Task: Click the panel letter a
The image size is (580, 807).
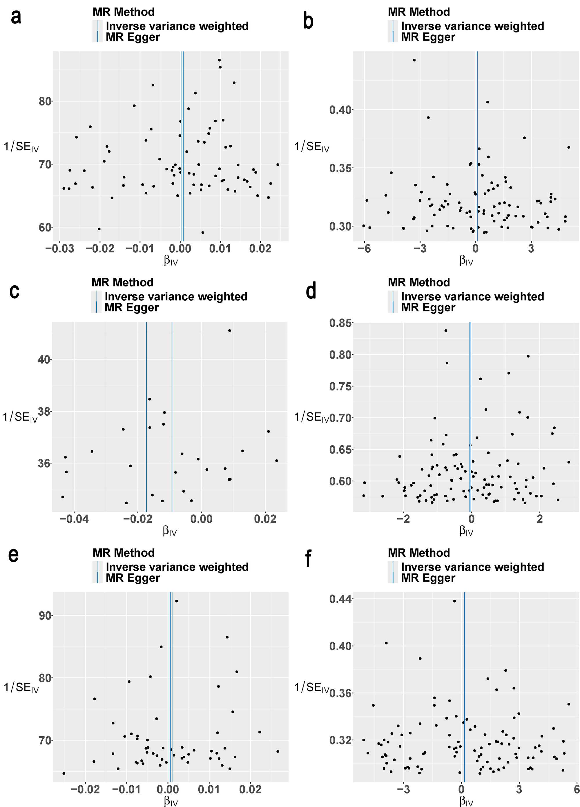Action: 16,17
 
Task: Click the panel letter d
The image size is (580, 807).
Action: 311,291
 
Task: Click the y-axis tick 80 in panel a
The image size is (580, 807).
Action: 45,101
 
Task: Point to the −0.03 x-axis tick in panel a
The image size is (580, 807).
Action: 59,248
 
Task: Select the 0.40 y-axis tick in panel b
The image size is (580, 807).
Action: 340,110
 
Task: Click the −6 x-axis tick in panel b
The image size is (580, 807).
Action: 364,248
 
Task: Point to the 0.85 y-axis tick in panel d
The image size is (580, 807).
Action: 340,323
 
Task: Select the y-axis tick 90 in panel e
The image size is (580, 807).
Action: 46,616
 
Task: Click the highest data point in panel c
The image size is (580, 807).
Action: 229,331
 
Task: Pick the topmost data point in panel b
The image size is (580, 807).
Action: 414,60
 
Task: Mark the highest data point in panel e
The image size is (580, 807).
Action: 176,601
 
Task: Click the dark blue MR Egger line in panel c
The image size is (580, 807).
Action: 146,427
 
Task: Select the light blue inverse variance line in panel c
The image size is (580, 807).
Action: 172,427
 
